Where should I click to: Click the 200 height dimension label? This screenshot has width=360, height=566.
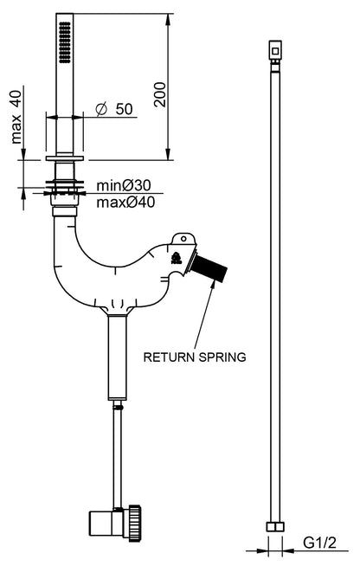click(160, 94)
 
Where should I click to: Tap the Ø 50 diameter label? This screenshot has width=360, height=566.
click(114, 109)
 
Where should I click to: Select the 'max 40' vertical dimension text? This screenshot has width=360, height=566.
click(16, 117)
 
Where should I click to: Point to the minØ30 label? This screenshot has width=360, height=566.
click(124, 185)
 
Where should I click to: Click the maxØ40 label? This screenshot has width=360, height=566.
click(125, 203)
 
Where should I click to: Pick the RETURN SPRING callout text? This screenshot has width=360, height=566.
click(195, 357)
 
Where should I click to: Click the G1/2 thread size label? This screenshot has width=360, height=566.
click(319, 542)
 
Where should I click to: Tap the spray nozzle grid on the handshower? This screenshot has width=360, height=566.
click(65, 42)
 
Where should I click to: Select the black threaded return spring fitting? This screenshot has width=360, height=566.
click(209, 269)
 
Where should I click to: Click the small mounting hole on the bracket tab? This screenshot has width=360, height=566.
click(183, 239)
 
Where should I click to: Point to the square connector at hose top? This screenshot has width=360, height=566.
click(275, 50)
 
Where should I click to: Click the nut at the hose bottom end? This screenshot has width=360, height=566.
click(275, 527)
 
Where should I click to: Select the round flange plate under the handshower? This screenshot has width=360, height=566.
click(65, 158)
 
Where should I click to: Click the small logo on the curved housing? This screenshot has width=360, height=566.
click(177, 259)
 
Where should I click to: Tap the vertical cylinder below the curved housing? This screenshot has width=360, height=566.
click(118, 357)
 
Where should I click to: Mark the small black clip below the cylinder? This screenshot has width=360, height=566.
click(118, 407)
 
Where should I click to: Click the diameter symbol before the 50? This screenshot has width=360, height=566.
click(101, 109)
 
